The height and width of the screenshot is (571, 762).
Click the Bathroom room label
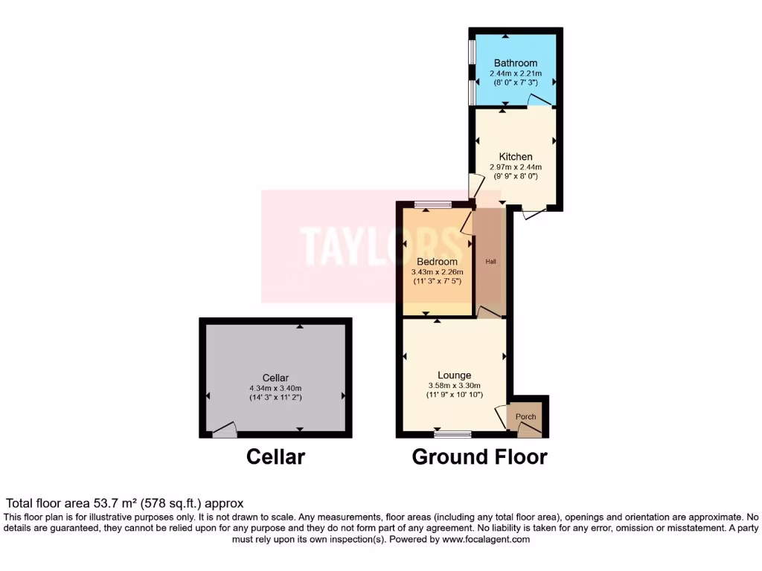516,63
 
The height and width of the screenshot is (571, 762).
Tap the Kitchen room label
516,157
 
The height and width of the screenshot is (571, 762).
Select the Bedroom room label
438,262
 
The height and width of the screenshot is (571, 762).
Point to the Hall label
491,262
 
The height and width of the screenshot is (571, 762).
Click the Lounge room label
455,375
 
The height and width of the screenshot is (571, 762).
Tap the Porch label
526,416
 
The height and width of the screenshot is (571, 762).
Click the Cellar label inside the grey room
275,378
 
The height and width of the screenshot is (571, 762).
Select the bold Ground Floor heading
479,457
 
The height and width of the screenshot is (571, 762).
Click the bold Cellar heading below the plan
275,457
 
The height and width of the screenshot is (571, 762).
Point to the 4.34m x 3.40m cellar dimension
275,388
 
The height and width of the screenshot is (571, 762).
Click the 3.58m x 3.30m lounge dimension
455,385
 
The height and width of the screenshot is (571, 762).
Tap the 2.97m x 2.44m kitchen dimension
516,167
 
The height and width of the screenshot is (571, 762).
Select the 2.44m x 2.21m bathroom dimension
516,74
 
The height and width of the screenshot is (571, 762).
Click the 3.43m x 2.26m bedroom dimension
438,272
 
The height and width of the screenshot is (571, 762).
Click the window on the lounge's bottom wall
453,433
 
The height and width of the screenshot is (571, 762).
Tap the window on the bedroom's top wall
433,204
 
